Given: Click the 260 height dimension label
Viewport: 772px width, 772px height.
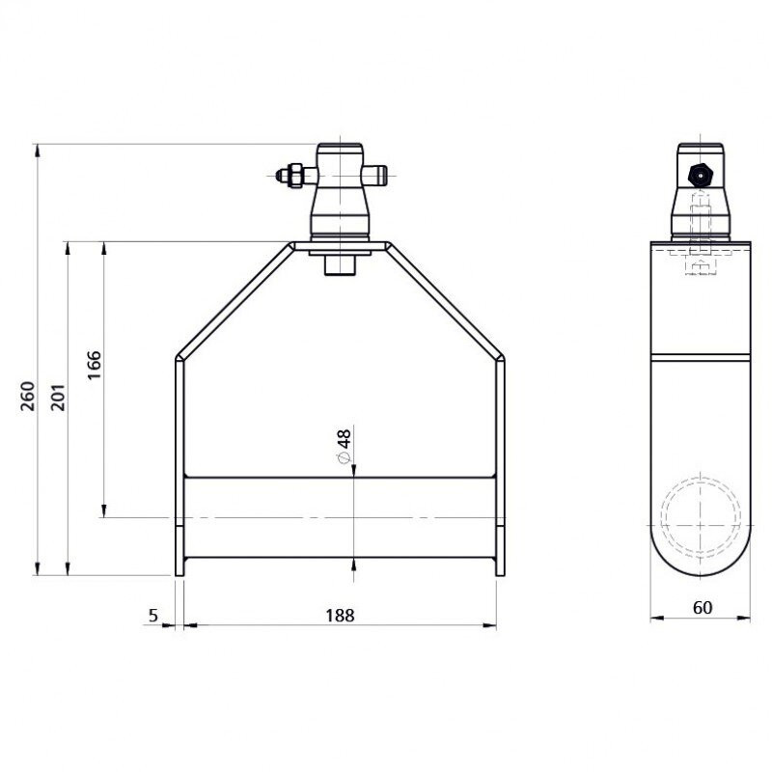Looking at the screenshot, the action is (x=28, y=396).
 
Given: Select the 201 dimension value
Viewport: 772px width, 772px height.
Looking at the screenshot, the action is (x=58, y=397).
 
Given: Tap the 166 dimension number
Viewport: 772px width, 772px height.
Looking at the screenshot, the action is (x=94, y=365).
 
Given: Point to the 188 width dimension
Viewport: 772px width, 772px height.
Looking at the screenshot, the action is (x=340, y=616).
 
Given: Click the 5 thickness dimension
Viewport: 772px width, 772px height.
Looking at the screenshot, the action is (x=153, y=615).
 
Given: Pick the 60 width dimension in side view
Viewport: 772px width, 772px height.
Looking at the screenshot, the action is (x=703, y=608).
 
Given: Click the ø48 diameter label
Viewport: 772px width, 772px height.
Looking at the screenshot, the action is (x=344, y=446).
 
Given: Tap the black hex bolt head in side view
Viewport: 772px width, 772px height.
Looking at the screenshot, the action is (x=700, y=175).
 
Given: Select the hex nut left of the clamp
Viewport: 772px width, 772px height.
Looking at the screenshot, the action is (x=294, y=176).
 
